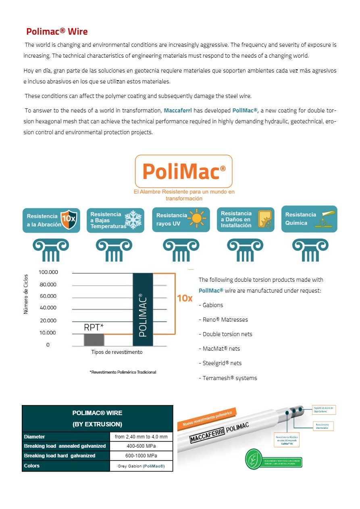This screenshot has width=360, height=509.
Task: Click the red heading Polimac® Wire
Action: [57, 31]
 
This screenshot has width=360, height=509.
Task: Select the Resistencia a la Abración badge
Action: [51, 220]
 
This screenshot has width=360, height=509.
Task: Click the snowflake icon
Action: [133, 220]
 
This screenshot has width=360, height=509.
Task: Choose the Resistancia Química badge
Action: [309, 219]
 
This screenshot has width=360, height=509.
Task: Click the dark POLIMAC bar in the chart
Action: [143, 310]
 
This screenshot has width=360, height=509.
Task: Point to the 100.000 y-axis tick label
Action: [48, 272]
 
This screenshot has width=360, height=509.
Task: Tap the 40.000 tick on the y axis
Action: [48, 308]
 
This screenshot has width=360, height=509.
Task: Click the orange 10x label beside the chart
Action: [185, 299]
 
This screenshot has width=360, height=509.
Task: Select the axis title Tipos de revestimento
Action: [117, 352]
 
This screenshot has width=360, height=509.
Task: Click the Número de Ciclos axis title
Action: [26, 294]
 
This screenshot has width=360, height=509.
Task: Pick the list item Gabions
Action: [211, 305]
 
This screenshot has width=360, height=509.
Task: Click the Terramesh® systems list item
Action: [228, 378]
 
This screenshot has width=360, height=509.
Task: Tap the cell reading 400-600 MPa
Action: [141, 446]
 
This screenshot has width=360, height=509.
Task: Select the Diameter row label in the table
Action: [35, 437]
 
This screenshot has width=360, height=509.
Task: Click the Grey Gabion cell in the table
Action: [141, 466]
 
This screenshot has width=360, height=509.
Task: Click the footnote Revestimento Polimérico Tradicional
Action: [123, 372]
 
